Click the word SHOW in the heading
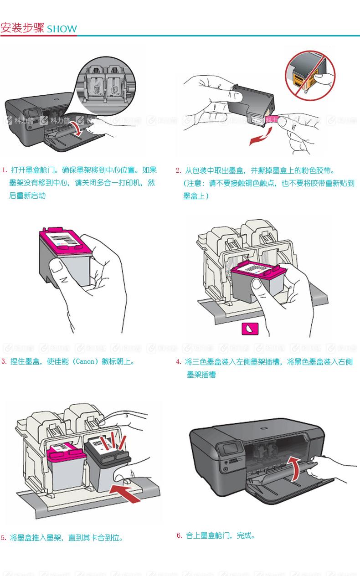[x=62, y=29]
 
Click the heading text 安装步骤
[x=22, y=28]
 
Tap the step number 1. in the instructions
[x=5, y=170]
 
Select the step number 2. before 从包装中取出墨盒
[x=179, y=171]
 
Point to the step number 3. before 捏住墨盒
[x=4, y=362]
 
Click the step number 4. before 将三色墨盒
[x=179, y=362]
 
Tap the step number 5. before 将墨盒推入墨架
[x=4, y=538]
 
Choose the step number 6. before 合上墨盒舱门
[x=180, y=535]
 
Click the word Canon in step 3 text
[x=86, y=362]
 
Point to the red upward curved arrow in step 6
[x=295, y=469]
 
